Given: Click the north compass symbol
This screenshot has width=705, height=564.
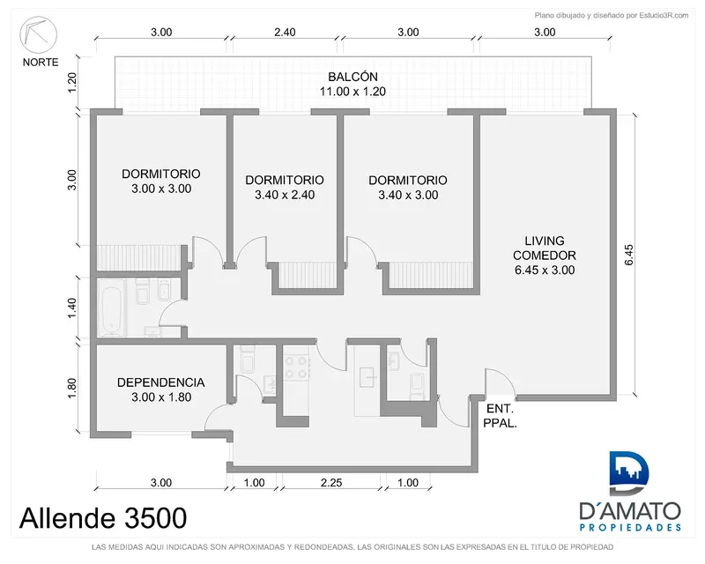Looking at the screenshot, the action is coord(38,35).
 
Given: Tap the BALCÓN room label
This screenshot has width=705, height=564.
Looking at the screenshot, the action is coord(352,77).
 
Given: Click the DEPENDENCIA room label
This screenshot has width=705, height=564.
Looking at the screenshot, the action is coord(161,382).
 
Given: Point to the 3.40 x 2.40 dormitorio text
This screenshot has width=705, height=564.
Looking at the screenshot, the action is coord(285,195).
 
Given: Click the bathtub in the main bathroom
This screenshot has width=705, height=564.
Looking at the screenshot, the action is coord(111,308).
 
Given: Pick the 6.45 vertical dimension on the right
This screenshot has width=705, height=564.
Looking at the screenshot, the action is coord(628,255).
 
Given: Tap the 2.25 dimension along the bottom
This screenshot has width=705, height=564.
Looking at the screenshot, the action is coord(331,483).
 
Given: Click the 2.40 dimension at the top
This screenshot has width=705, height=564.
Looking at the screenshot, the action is coord(285,32).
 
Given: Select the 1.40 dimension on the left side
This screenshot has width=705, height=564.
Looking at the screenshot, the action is coord(72,308).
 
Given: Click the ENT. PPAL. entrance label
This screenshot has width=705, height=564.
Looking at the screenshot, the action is coord(500,416).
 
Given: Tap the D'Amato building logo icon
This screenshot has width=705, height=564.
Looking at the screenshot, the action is coord(629,473).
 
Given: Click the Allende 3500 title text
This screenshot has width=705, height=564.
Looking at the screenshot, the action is coord(103,517).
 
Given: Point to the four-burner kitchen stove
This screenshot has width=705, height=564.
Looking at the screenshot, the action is coord(296,367).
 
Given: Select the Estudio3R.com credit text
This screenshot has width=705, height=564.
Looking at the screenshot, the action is coord(612,15).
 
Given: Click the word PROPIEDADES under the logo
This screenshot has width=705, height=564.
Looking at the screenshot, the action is coord(630,527).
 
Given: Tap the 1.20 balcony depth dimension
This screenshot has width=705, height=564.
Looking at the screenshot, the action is coord(72,83).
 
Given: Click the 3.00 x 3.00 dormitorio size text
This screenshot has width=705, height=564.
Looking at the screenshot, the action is coord(161,189).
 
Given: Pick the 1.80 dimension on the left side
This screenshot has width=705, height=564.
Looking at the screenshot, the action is coord(72,388).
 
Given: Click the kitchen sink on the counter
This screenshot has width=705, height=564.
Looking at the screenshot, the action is coord(367,377).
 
